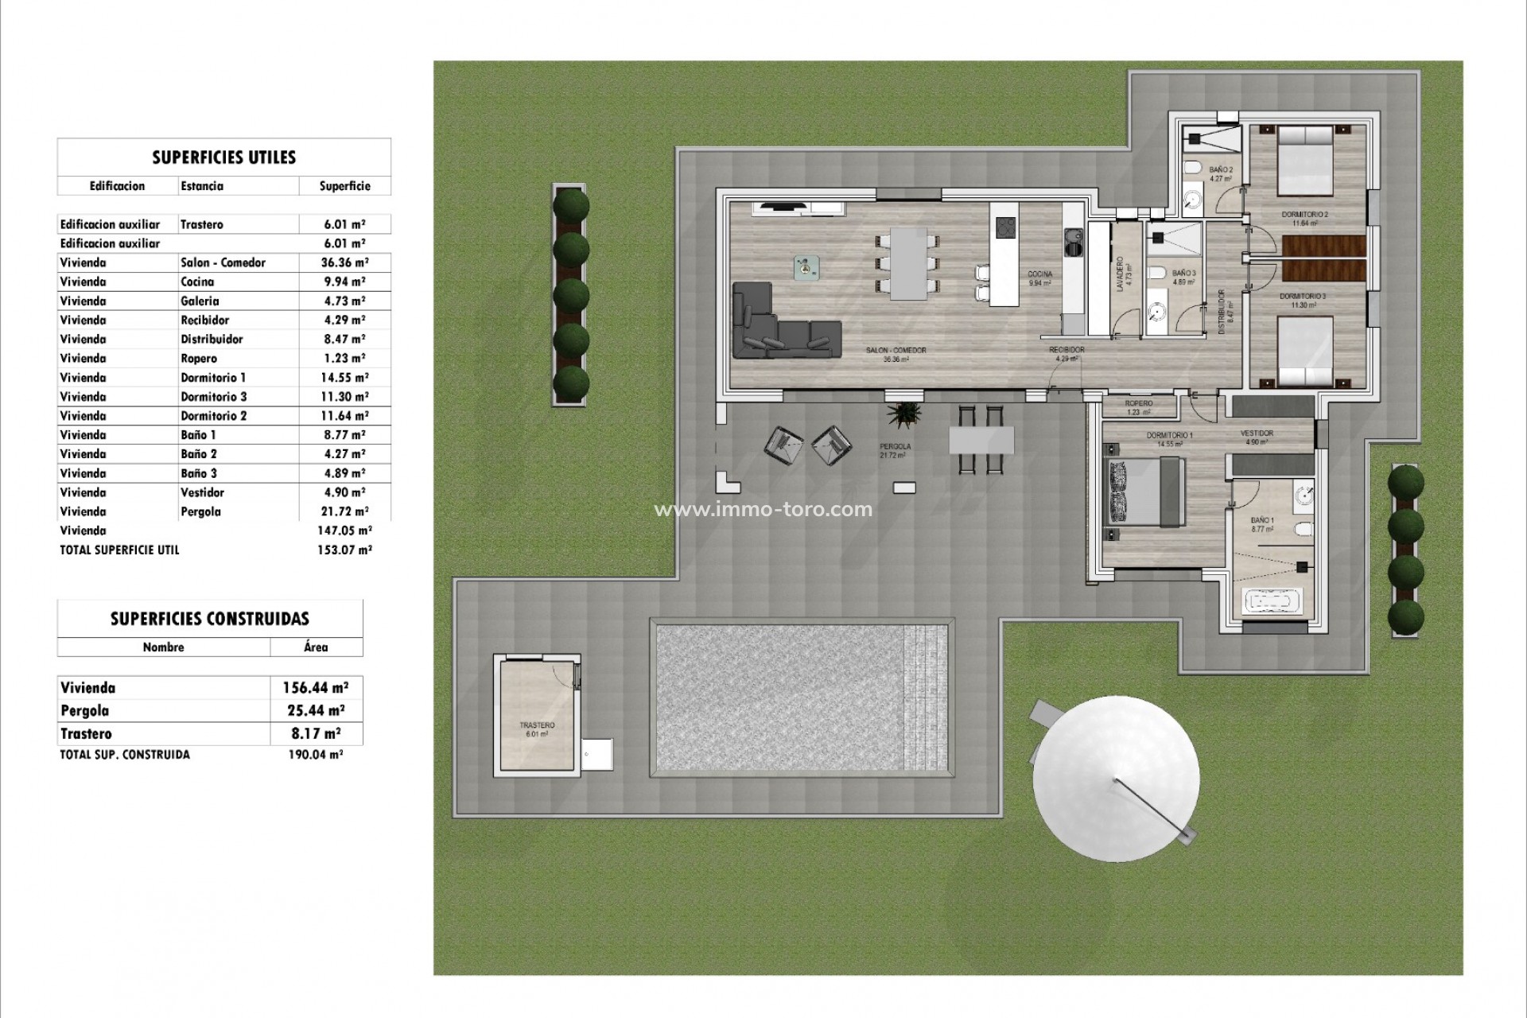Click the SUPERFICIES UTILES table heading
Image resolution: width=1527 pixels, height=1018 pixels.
tap(223, 157)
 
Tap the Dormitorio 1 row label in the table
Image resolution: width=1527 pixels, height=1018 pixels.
tap(213, 378)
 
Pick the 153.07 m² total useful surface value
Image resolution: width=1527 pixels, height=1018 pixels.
tap(344, 550)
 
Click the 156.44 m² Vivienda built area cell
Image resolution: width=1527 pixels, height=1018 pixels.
tap(315, 688)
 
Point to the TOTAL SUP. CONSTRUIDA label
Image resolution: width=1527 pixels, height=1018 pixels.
tap(125, 755)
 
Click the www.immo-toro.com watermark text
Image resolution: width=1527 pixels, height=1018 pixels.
tap(763, 509)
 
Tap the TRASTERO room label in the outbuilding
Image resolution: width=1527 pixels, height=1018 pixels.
tap(537, 725)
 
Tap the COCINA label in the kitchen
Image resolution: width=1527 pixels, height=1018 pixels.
tap(1039, 274)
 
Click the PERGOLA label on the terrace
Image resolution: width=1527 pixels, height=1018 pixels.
tap(895, 447)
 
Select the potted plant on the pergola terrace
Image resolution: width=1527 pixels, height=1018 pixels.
tap(905, 414)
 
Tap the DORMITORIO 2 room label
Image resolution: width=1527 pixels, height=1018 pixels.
tap(1304, 215)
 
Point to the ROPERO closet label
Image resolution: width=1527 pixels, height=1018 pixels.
tap(1139, 404)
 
